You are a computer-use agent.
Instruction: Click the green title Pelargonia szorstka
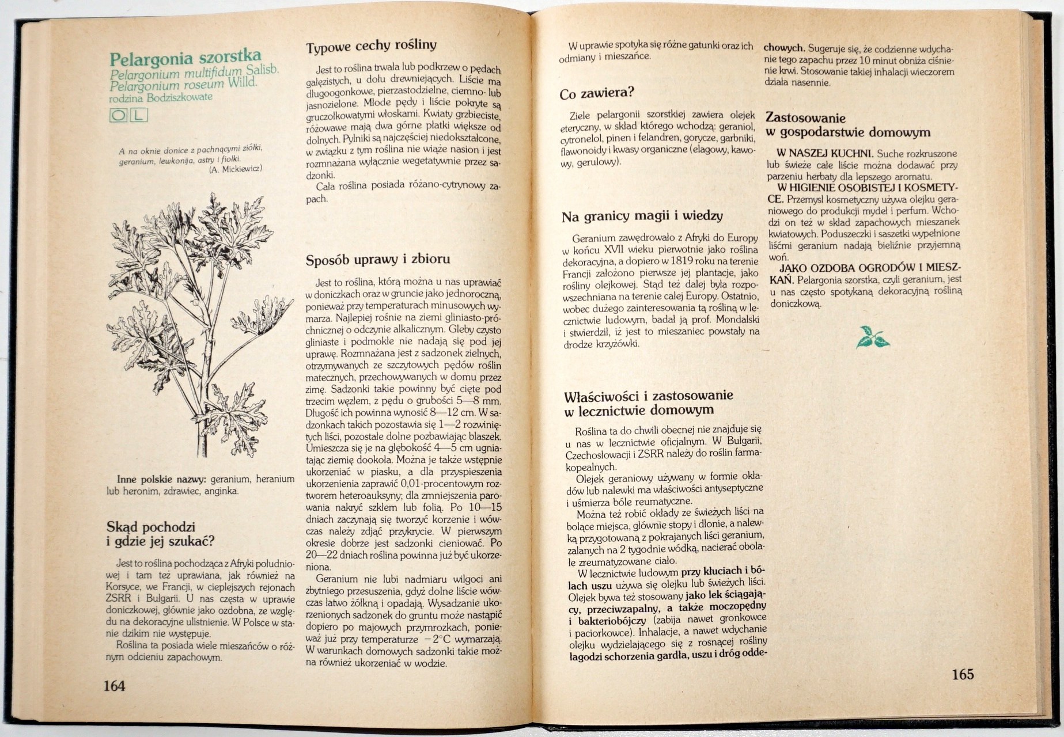[185, 58]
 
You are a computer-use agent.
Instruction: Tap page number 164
[114, 685]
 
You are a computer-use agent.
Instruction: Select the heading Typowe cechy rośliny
[371, 46]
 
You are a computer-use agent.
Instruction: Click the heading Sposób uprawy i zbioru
[377, 260]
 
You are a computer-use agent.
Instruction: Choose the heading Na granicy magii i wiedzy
[642, 216]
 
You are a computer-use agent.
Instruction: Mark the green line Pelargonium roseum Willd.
[183, 85]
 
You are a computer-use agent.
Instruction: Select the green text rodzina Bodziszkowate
[160, 98]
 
